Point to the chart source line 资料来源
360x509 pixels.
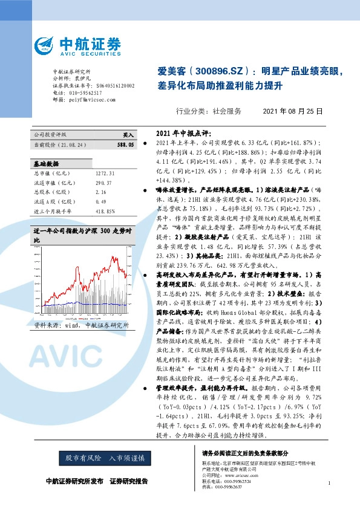(x=77, y=325)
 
